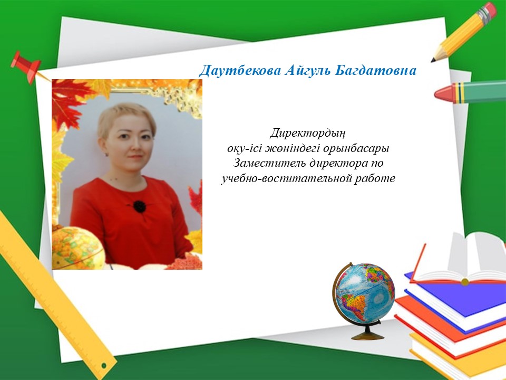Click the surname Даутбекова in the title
click(x=240, y=70)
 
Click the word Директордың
click(x=308, y=133)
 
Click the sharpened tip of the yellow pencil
click(x=433, y=60)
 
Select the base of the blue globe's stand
click(x=368, y=336)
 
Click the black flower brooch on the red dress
click(x=139, y=206)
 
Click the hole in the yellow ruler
click(x=104, y=365)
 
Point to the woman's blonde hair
click(x=126, y=116)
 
